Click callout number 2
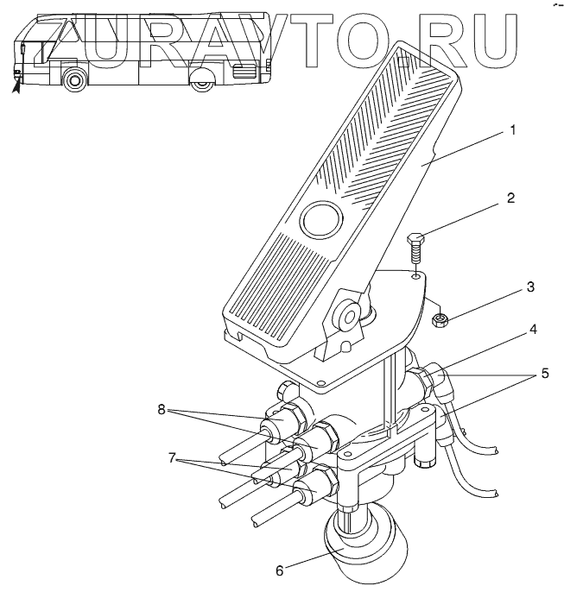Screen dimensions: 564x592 click(510, 198)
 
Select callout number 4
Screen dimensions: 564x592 click(510, 329)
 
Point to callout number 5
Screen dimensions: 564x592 click(545, 374)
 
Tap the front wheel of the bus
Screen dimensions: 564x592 click(75, 81)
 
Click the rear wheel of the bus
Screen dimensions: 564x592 click(202, 83)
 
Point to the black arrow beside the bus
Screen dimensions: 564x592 click(15, 83)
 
